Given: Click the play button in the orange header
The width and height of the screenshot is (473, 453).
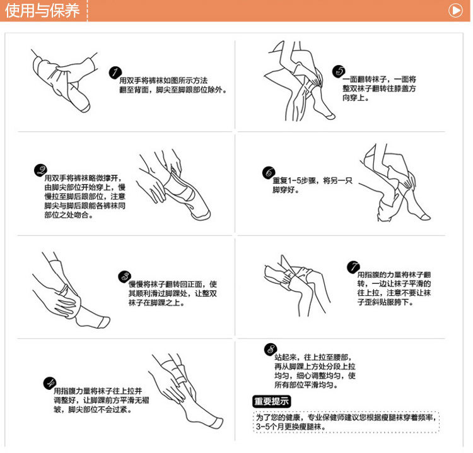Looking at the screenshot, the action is pos(455,10).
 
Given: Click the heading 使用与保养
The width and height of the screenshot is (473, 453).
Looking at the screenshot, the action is pos(42,11).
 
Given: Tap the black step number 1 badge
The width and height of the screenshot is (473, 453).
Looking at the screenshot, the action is pos(115,73).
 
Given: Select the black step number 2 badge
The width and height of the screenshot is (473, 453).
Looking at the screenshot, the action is pos(40,170).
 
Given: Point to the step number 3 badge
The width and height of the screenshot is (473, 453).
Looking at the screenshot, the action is pos(125,276).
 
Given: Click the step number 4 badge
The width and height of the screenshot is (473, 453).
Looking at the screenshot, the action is pos(50,383).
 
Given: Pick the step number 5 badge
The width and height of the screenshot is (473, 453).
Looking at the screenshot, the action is pos(339,71).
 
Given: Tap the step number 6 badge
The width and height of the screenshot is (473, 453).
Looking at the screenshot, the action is pos(269,173).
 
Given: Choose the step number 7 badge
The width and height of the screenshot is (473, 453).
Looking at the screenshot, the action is pos(353,268).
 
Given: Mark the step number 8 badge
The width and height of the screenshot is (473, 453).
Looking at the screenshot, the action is pos(271,350).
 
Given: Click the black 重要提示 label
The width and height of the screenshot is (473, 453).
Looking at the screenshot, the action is pos(271,401).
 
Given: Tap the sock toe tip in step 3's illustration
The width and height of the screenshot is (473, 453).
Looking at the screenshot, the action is pos(104,322).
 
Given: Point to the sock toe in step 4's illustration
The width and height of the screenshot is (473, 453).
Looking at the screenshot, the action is pos(218,423).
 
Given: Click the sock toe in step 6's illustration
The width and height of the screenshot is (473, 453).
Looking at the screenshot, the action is pos(426,216).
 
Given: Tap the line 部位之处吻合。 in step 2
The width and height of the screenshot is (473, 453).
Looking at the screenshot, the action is pos(69,215).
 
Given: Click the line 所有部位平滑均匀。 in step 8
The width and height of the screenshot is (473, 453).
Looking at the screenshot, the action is pos(306,385).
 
